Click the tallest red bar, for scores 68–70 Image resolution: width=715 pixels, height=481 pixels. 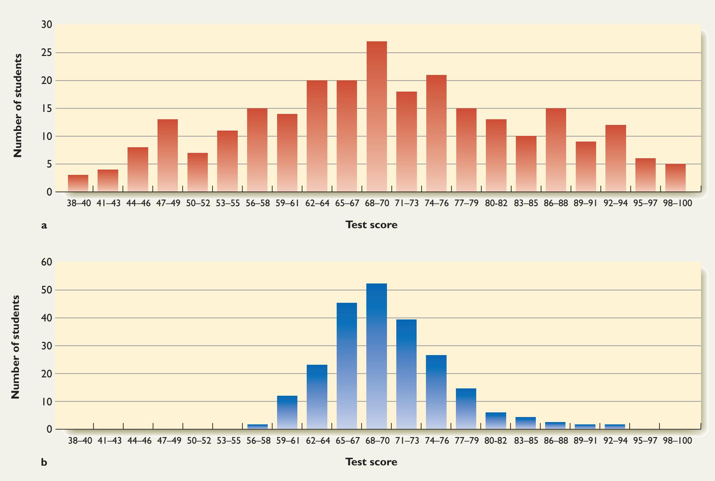[x=377, y=117]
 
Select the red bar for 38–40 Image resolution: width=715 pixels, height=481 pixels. [x=78, y=184]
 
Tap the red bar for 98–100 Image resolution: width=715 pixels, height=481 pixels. [x=675, y=178]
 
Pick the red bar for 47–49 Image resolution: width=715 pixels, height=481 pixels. [x=168, y=156]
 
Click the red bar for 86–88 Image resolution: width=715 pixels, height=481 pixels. [x=556, y=150]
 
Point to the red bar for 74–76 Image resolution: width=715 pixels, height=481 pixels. [x=436, y=133]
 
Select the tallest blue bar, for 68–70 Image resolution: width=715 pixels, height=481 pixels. [x=377, y=356]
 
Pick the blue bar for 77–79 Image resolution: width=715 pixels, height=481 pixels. [x=466, y=409]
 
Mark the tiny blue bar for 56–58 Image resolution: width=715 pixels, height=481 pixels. [x=257, y=427]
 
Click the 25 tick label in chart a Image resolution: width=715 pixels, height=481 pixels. [x=47, y=53]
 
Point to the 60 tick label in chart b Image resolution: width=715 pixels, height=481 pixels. [x=47, y=262]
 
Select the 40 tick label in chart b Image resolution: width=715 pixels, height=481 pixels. [x=47, y=318]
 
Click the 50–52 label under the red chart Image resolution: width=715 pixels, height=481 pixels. [x=198, y=203]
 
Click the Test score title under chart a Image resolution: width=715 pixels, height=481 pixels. [x=371, y=225]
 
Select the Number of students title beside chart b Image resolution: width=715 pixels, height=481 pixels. [x=16, y=347]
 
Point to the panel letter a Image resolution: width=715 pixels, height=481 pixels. [x=44, y=226]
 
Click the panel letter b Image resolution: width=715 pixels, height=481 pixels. [x=44, y=463]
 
